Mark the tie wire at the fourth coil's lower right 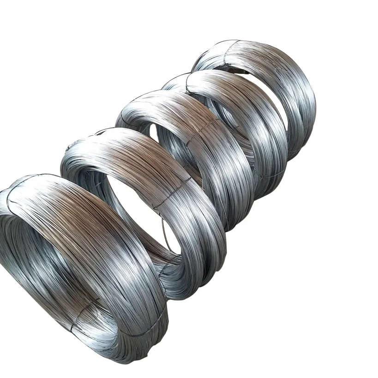pyautogui.click(x=268, y=175)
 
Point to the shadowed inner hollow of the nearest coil pyautogui.click(x=37, y=258)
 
